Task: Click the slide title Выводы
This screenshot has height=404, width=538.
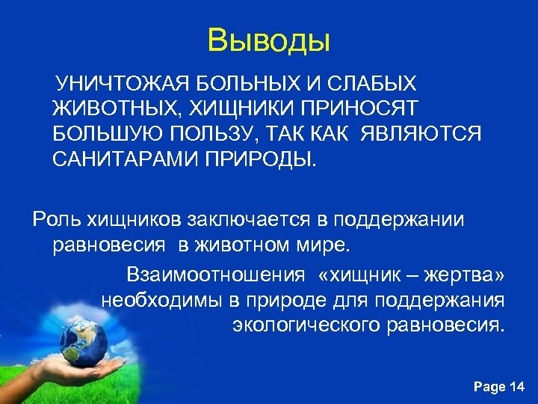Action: click(x=268, y=40)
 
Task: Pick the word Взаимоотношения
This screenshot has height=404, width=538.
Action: click(x=216, y=275)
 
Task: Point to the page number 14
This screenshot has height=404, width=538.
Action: click(x=516, y=387)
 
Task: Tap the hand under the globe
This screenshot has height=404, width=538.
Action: click(x=82, y=367)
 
